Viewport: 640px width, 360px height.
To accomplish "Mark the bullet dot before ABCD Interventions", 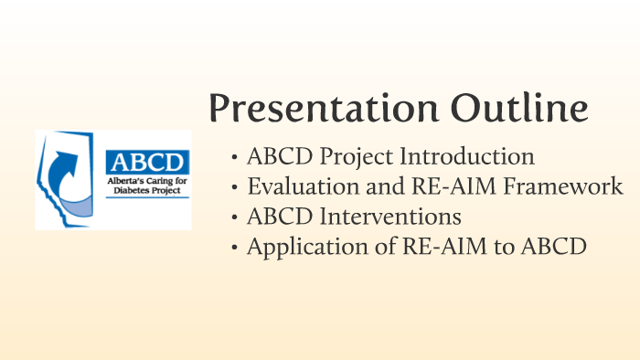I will coord(236,218).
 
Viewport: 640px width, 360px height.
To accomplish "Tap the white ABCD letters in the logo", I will coord(146,162).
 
